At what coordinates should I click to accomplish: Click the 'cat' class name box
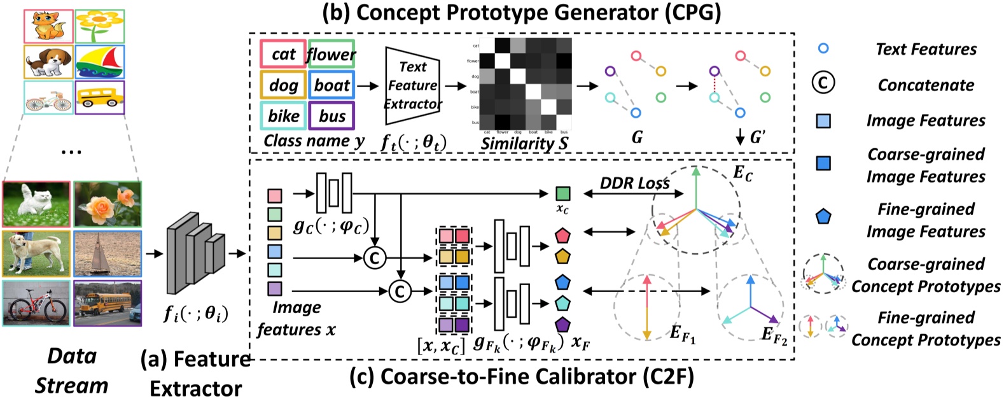tap(283, 54)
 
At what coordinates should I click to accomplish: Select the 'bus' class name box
tap(331, 116)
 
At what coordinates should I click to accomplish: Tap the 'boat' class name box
tap(331, 85)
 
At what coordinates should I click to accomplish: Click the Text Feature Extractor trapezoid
tap(412, 85)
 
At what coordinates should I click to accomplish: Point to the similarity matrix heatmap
tap(525, 83)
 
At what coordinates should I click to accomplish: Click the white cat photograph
tap(36, 204)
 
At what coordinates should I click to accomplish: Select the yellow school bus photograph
tap(107, 302)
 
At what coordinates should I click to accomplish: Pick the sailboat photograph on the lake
tap(107, 253)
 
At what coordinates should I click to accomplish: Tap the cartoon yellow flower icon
tap(100, 25)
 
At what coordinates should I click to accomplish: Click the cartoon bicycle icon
tap(48, 99)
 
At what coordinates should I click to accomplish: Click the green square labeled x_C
tap(562, 193)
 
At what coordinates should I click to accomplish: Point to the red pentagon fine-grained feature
tap(562, 236)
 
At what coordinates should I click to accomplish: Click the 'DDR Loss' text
tap(634, 183)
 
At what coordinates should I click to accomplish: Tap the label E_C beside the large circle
tap(743, 173)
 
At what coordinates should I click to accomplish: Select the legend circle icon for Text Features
tap(823, 48)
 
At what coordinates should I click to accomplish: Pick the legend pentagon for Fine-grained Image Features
tap(823, 217)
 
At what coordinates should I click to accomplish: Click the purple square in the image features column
tap(274, 288)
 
